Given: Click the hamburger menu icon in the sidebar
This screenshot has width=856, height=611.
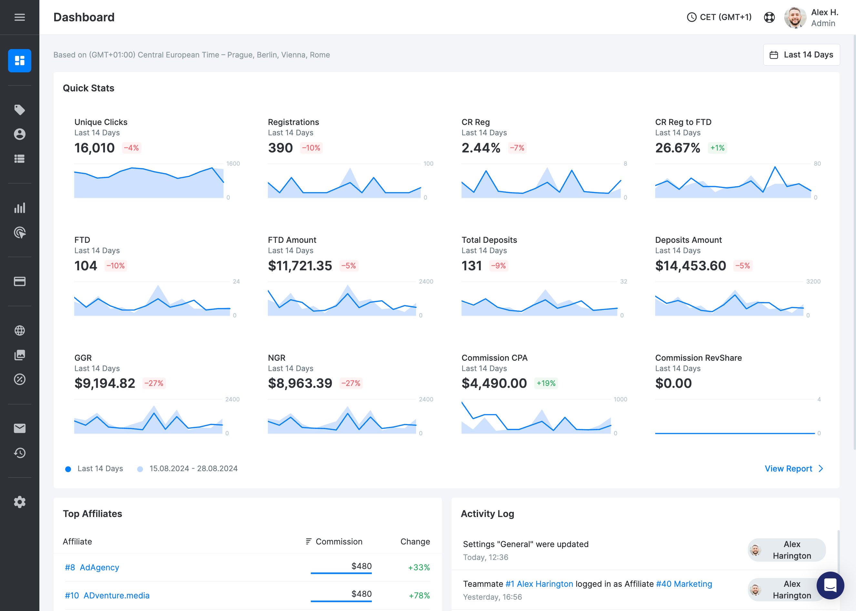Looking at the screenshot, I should [20, 17].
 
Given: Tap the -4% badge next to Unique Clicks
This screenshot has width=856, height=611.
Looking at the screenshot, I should [131, 148].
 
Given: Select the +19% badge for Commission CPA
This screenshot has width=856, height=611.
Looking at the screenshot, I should [545, 383].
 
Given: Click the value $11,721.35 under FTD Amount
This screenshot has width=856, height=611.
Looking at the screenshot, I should [300, 266].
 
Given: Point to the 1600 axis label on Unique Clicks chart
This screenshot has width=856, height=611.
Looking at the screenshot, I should [233, 164].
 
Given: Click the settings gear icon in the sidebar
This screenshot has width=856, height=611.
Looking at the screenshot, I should [20, 502].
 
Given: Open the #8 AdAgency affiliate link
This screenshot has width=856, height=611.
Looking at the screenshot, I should [92, 567].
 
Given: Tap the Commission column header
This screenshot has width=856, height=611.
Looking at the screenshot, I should [338, 541].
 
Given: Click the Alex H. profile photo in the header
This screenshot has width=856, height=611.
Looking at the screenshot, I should [795, 17].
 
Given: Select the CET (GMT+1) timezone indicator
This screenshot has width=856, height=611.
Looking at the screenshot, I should [719, 17].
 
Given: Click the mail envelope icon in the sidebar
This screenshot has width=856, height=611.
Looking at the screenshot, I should [20, 428].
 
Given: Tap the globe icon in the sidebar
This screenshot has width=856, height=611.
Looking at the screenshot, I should [20, 330].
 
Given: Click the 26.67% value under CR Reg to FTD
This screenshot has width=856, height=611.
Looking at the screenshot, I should [677, 148].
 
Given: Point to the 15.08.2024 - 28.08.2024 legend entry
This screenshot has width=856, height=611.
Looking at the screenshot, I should [193, 468].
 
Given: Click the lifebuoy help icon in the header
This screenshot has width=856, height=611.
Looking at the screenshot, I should [769, 17].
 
